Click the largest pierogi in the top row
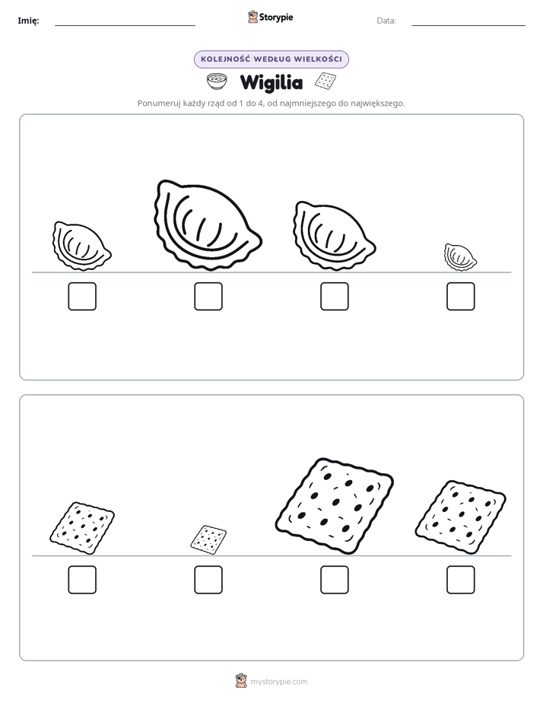(x=208, y=225)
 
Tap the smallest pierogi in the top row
(x=460, y=257)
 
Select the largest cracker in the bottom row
(x=334, y=506)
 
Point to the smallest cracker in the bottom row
(x=208, y=540)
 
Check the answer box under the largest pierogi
(x=208, y=297)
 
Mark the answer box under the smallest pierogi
(x=461, y=297)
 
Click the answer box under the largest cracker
(x=335, y=580)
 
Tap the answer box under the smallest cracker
(x=208, y=580)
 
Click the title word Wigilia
(x=271, y=83)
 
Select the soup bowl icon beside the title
(x=217, y=81)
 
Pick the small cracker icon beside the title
(x=325, y=81)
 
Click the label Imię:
(x=28, y=21)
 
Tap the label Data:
(x=386, y=21)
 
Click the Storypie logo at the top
(x=270, y=17)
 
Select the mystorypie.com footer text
(x=278, y=682)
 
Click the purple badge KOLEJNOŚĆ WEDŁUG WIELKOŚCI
(x=271, y=59)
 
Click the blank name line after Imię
(x=125, y=26)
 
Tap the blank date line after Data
(x=468, y=26)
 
